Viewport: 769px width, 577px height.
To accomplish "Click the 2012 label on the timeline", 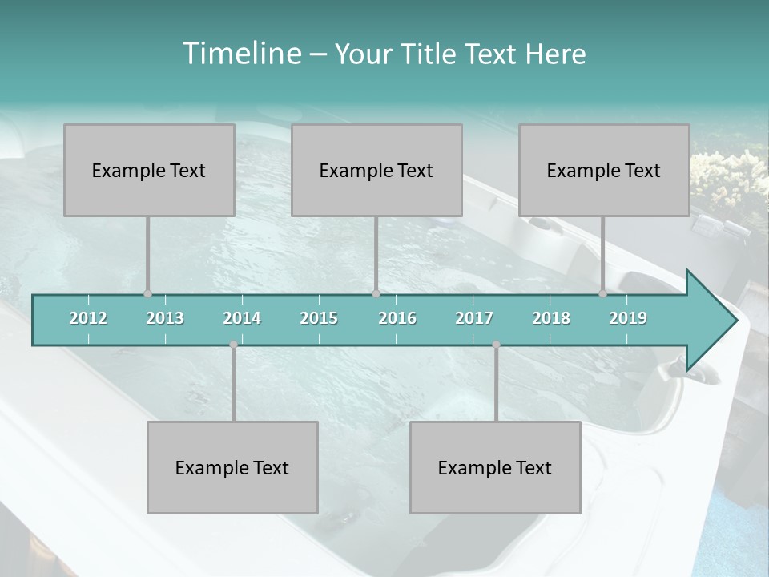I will click(88, 318).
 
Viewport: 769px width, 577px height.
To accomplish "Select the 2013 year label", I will click(165, 318).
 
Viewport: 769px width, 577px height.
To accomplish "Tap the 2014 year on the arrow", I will click(242, 318).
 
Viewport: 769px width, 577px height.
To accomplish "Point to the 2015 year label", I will click(319, 318).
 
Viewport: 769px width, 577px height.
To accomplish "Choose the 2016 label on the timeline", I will click(397, 318).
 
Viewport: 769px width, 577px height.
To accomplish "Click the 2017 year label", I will click(474, 318).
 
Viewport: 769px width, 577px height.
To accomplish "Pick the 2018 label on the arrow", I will click(551, 318).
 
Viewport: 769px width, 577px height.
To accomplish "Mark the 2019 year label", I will click(628, 318).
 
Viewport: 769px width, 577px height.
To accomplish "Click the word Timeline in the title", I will click(240, 54).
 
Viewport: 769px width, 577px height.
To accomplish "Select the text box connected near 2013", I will click(149, 170).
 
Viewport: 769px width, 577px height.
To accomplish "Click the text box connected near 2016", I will click(376, 170).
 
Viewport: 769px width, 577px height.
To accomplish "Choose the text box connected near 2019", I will click(604, 170).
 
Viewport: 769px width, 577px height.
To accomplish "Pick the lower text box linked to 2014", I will click(232, 467).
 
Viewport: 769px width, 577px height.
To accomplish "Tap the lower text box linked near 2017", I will click(495, 467).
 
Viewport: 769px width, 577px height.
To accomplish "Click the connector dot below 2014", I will click(233, 345).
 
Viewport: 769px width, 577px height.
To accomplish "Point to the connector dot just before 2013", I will click(147, 294).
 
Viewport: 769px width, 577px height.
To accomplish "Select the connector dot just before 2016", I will click(376, 294).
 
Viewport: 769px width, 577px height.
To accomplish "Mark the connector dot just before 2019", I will click(602, 294).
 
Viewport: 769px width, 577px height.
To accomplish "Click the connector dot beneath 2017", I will click(496, 345).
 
